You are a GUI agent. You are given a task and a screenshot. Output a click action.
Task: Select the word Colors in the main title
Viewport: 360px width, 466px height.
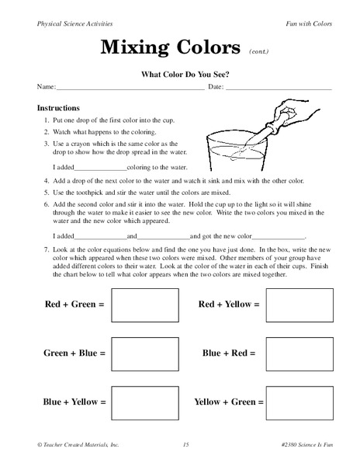pyautogui.click(x=207, y=48)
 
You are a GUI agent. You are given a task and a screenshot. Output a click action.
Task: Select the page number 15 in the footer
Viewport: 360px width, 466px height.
pyautogui.click(x=186, y=444)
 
